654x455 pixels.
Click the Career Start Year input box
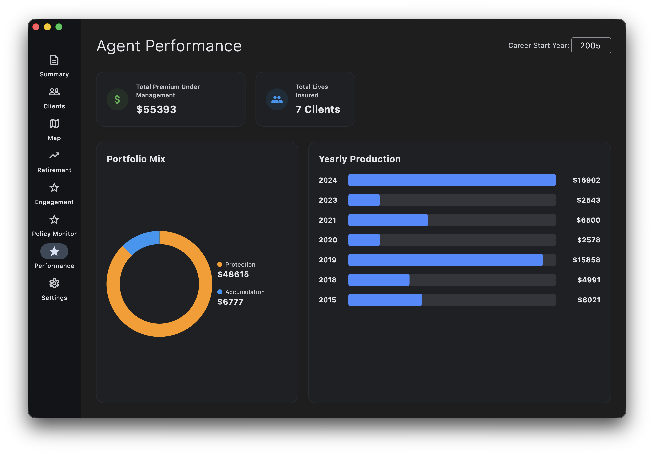coord(591,45)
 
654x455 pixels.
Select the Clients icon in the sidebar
coord(54,92)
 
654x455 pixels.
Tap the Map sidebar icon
coord(54,124)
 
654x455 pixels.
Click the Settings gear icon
coord(54,283)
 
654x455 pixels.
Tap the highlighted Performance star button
coord(54,251)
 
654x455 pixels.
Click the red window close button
coord(36,27)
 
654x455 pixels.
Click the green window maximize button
coord(59,27)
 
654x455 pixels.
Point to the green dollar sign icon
coord(117,99)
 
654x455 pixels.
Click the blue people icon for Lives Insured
coord(277,99)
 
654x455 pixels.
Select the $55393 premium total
coord(156,109)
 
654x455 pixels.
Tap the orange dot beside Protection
coord(220,265)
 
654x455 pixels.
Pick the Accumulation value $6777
coord(230,302)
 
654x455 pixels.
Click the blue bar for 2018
coord(379,280)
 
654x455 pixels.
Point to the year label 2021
coord(327,220)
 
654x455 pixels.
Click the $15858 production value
coord(586,260)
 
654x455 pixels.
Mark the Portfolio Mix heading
coord(136,159)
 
